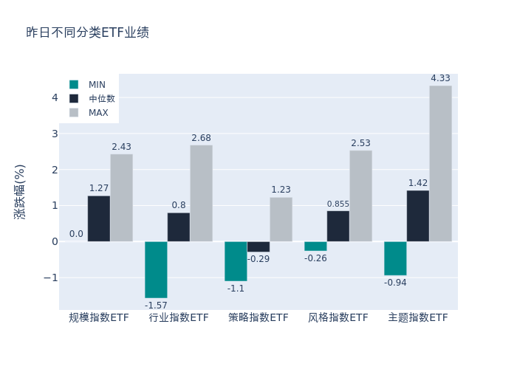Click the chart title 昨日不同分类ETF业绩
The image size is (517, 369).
(87, 32)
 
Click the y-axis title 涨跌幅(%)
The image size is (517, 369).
(20, 191)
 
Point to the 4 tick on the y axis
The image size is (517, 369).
(55, 97)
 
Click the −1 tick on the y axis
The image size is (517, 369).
(51, 277)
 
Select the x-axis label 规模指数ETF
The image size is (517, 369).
(99, 318)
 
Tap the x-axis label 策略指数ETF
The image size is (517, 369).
(258, 318)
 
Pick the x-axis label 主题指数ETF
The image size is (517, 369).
(418, 318)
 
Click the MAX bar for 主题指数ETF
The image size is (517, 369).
(440, 163)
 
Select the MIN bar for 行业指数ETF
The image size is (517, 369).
(156, 269)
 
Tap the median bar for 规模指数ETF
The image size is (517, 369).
(99, 218)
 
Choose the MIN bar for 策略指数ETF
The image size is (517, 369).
(236, 261)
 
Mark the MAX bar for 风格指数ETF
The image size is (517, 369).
(360, 196)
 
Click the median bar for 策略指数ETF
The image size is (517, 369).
(258, 246)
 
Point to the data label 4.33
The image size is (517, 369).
(440, 78)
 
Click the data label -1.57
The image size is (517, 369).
(156, 306)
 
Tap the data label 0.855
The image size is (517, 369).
(338, 204)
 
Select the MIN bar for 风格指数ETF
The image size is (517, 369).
(315, 246)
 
